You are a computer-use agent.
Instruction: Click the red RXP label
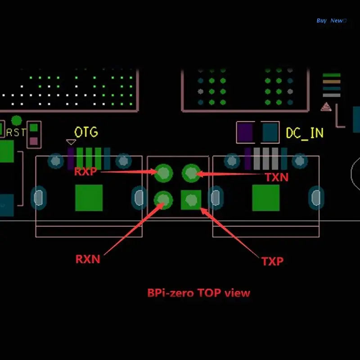point(85,171)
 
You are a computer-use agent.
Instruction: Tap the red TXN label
point(276,177)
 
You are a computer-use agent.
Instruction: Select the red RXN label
point(88,259)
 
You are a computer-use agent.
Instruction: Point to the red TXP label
point(272,261)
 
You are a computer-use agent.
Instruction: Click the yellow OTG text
point(86,132)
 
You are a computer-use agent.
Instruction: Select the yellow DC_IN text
point(305,133)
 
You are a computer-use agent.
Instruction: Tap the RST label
point(16,133)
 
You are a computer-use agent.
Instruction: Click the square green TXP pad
point(191,200)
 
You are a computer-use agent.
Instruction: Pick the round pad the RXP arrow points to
point(163,172)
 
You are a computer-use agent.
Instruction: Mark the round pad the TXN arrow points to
point(191,172)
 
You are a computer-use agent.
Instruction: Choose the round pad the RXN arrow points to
point(163,199)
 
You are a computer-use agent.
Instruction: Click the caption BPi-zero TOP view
point(198,293)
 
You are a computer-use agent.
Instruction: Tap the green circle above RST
point(16,121)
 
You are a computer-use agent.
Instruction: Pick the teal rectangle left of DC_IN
point(270,132)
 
